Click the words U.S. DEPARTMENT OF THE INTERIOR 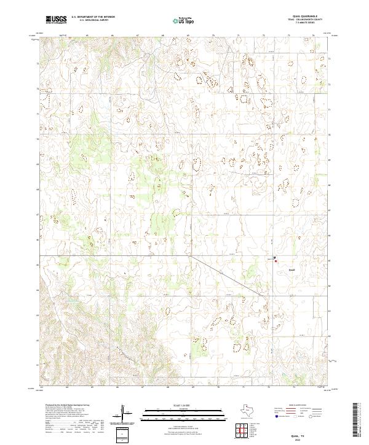click(93, 17)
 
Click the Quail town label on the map click(292, 269)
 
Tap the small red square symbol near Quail click(276, 261)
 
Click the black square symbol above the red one click(274, 257)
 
